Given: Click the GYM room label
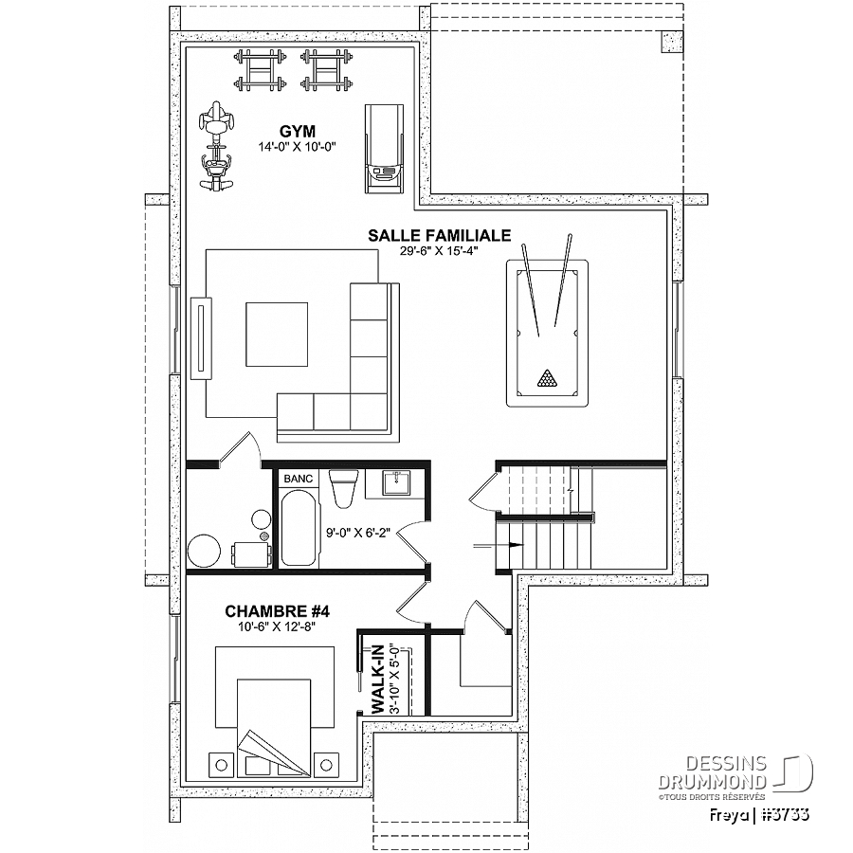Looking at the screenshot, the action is click(x=298, y=132).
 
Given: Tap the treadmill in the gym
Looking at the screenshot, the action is click(x=385, y=149).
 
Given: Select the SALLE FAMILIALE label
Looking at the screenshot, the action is click(x=440, y=235).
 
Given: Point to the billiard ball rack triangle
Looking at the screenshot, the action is click(x=545, y=378).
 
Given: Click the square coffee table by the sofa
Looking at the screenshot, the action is click(x=277, y=335).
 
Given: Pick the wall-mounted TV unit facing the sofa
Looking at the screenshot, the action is click(x=201, y=337).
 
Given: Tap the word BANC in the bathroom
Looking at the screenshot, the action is click(x=299, y=479).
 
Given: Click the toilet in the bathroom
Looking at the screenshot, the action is click(x=344, y=488).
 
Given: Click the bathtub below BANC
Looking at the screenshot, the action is click(x=299, y=527).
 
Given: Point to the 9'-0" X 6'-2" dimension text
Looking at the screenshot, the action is click(x=358, y=532).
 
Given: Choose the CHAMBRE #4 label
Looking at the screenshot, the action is click(x=278, y=611).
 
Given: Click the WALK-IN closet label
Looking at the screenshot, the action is click(x=377, y=679).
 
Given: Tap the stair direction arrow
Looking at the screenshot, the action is click(x=499, y=545).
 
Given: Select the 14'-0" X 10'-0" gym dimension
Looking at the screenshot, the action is click(x=298, y=146).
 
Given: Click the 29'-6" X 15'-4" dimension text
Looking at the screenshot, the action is click(x=439, y=250).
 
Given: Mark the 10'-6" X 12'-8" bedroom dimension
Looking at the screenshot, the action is click(x=277, y=626).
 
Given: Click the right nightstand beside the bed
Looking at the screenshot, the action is click(x=326, y=765).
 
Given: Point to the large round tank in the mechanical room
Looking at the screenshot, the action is click(x=204, y=551).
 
